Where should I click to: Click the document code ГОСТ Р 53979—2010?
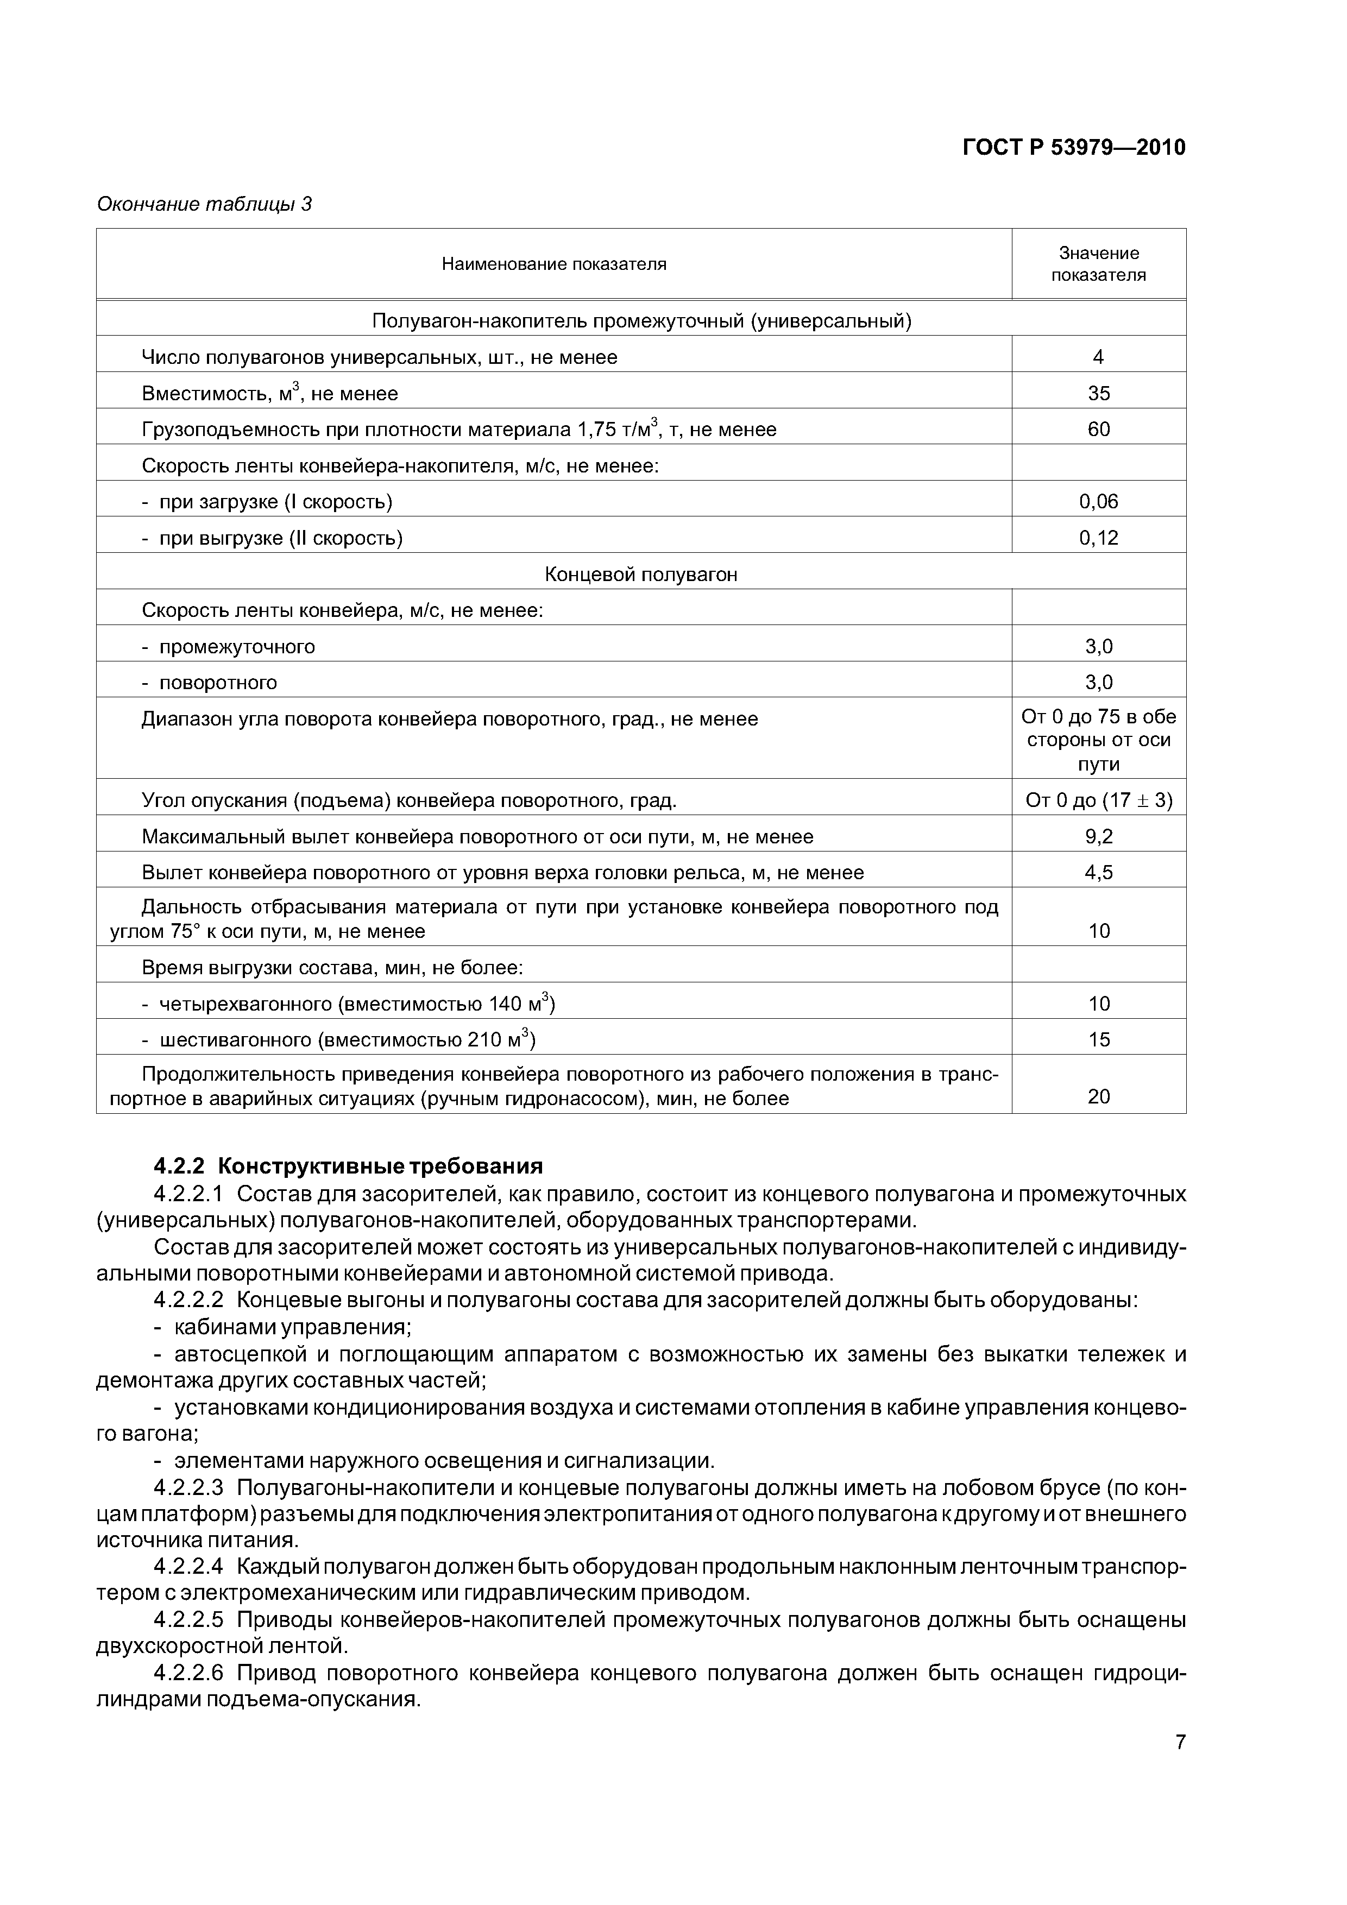[x=1073, y=148]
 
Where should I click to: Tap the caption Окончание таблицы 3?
[x=204, y=204]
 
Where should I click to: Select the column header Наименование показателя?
[x=553, y=264]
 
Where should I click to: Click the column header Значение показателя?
[x=1098, y=264]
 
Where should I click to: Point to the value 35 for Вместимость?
[x=1098, y=393]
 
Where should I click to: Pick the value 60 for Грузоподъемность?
[x=1098, y=429]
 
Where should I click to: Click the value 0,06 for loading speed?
[x=1098, y=501]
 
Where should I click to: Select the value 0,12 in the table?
[x=1098, y=538]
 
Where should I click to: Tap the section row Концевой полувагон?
[x=641, y=574]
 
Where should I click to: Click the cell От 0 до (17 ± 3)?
[x=1098, y=800]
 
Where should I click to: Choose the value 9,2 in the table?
[x=1098, y=836]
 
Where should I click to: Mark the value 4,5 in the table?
[x=1098, y=873]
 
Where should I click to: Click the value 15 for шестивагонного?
[x=1098, y=1039]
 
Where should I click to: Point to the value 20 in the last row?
[x=1098, y=1097]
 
